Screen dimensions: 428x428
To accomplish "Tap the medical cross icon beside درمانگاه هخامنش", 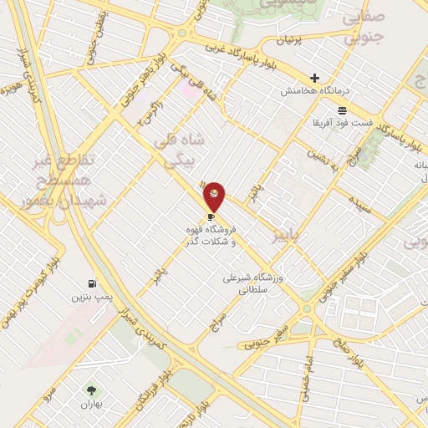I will [314, 78].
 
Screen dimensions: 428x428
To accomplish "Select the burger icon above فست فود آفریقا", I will [342, 110].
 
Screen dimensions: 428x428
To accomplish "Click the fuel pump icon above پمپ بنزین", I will [91, 283].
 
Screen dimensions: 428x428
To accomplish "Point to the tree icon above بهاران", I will [91, 390].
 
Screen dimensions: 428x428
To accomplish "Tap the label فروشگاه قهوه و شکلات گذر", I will [210, 235].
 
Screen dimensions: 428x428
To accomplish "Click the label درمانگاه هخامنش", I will [315, 90].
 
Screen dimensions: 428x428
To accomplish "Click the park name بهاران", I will [91, 404].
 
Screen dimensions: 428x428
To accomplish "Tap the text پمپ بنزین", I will [90, 297].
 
